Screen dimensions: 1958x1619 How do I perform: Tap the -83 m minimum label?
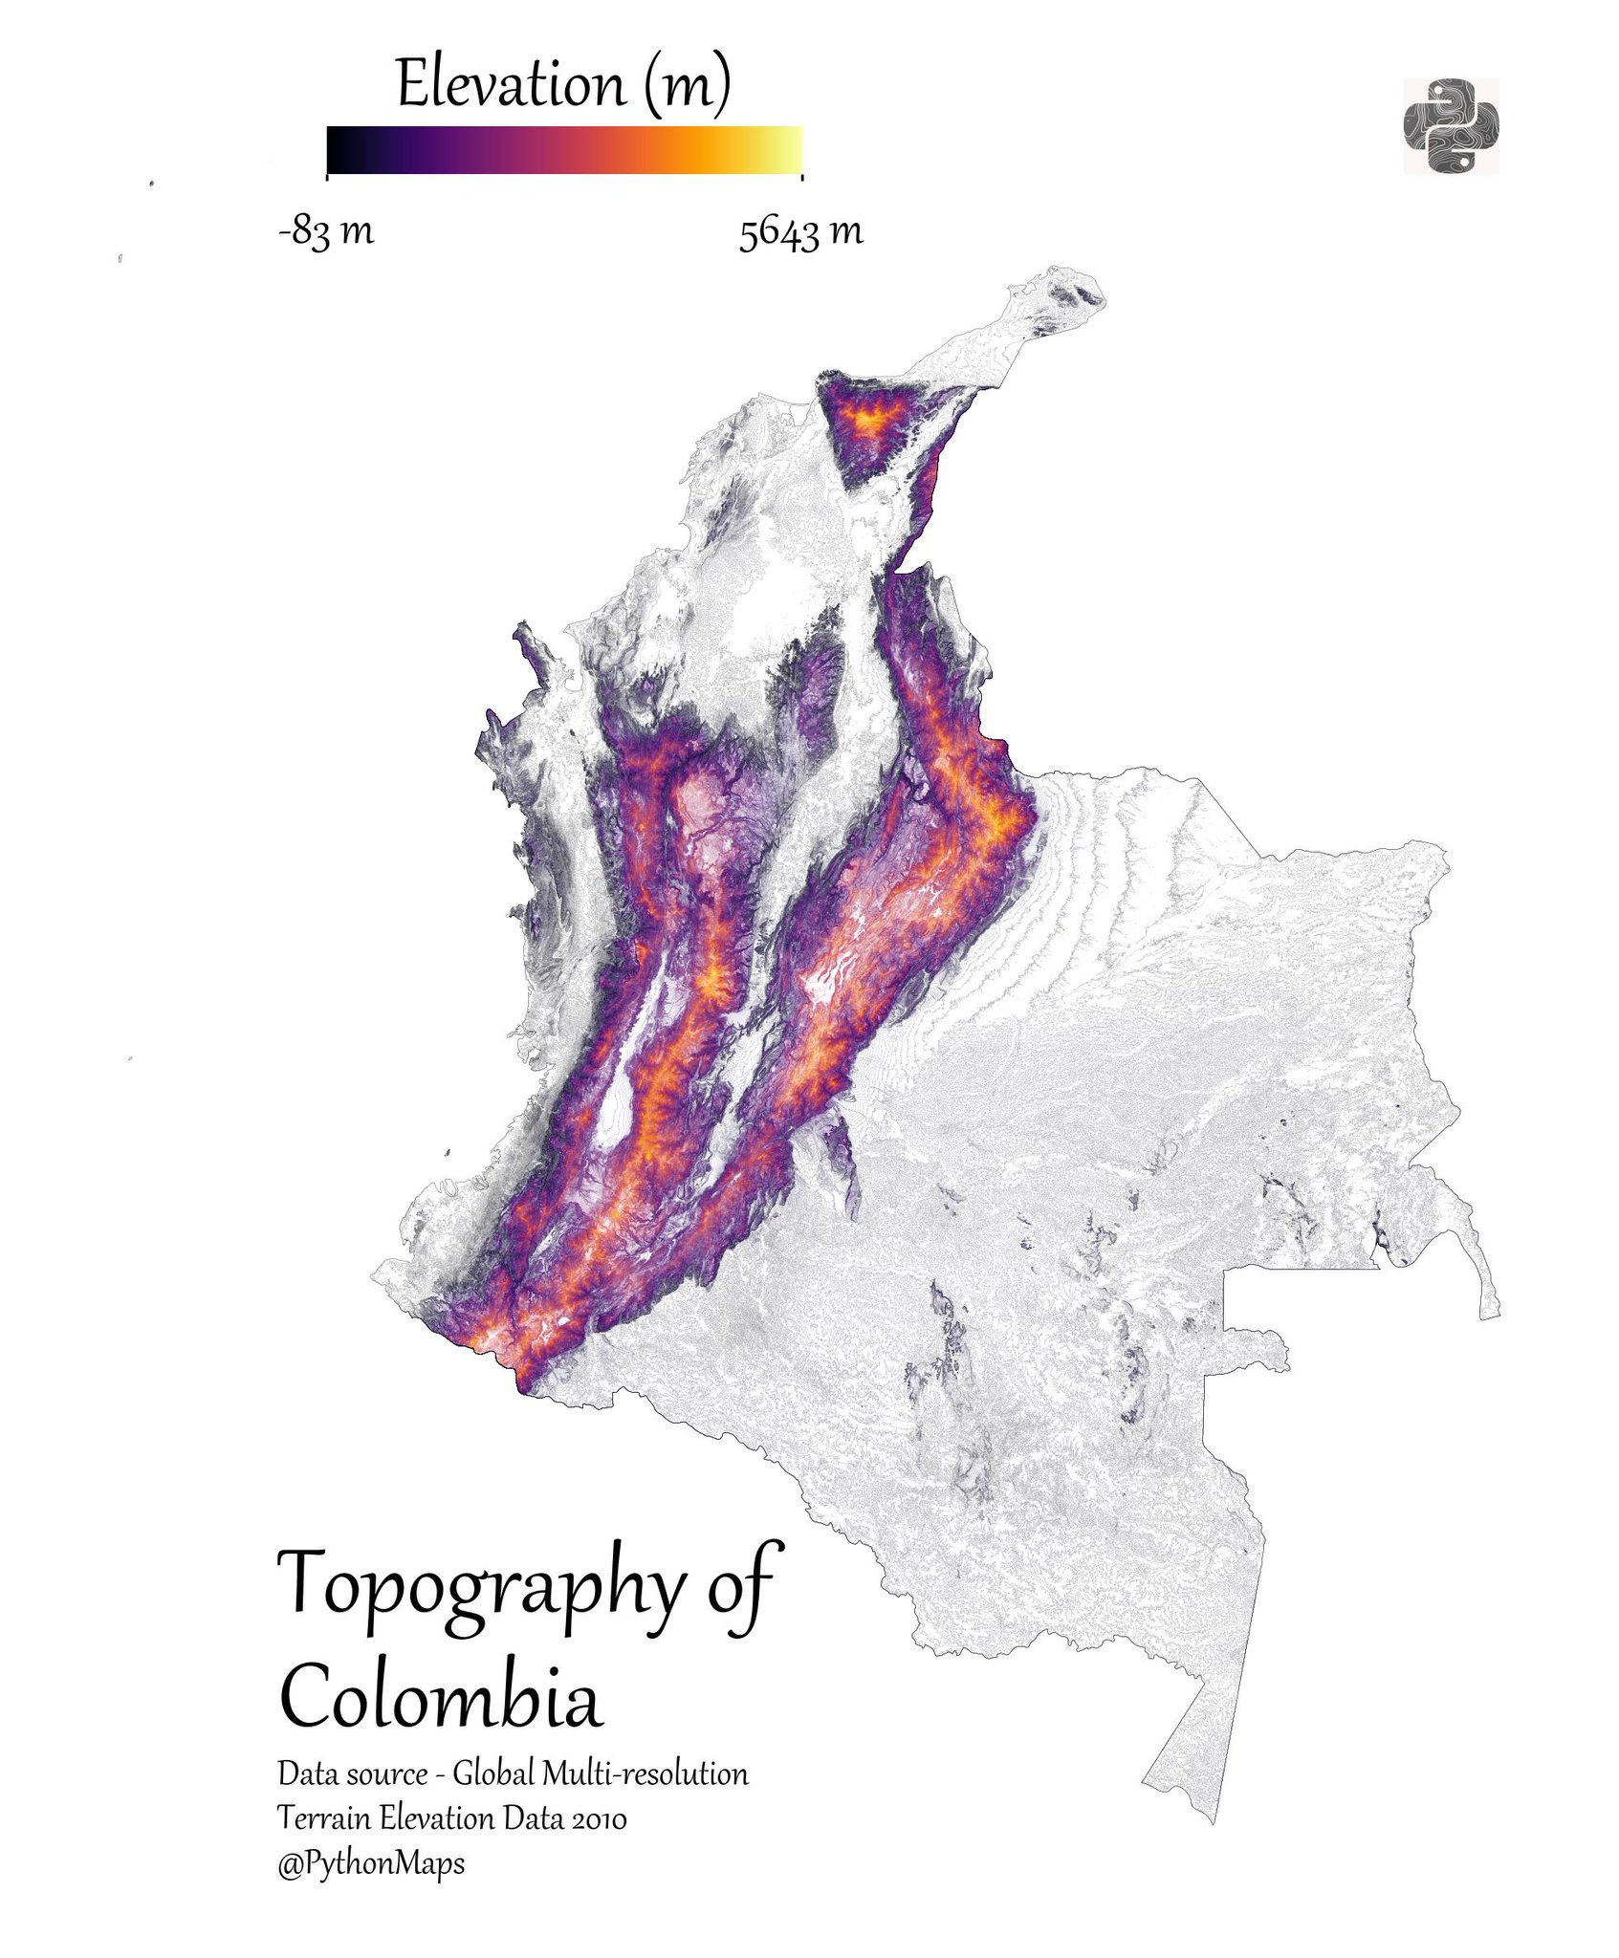click(x=326, y=230)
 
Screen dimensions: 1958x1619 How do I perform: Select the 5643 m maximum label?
click(x=800, y=232)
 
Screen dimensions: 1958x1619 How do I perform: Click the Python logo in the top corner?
click(x=1450, y=126)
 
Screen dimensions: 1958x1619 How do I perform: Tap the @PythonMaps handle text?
click(x=371, y=1862)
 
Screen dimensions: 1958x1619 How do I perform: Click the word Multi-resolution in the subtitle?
click(x=645, y=1774)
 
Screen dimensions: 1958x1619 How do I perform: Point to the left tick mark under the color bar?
click(x=327, y=176)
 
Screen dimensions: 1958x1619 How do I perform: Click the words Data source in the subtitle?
click(x=352, y=1774)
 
